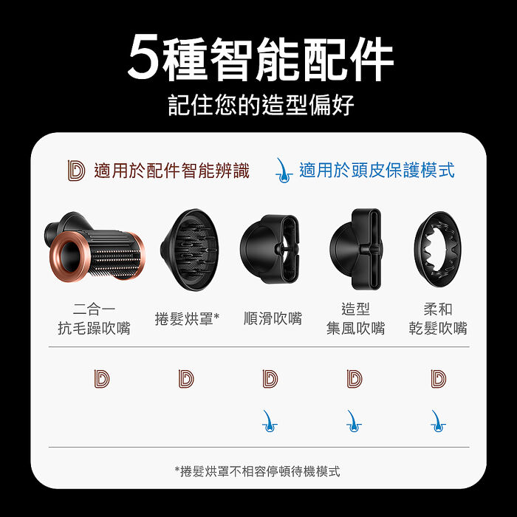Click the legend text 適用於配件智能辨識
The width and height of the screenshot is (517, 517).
(x=171, y=171)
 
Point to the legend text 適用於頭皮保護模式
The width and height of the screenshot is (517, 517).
(x=377, y=171)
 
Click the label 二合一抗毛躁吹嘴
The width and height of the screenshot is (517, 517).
(x=94, y=318)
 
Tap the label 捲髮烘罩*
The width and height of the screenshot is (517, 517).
(x=188, y=318)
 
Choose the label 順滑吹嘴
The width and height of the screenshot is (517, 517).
(x=273, y=318)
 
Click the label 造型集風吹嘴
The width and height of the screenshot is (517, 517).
(x=355, y=318)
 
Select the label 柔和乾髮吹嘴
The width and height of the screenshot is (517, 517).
(x=439, y=318)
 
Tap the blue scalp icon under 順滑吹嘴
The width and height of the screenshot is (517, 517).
(x=270, y=421)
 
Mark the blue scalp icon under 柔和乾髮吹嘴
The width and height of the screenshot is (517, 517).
(x=438, y=421)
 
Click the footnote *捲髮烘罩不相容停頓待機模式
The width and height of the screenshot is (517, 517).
(x=258, y=471)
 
